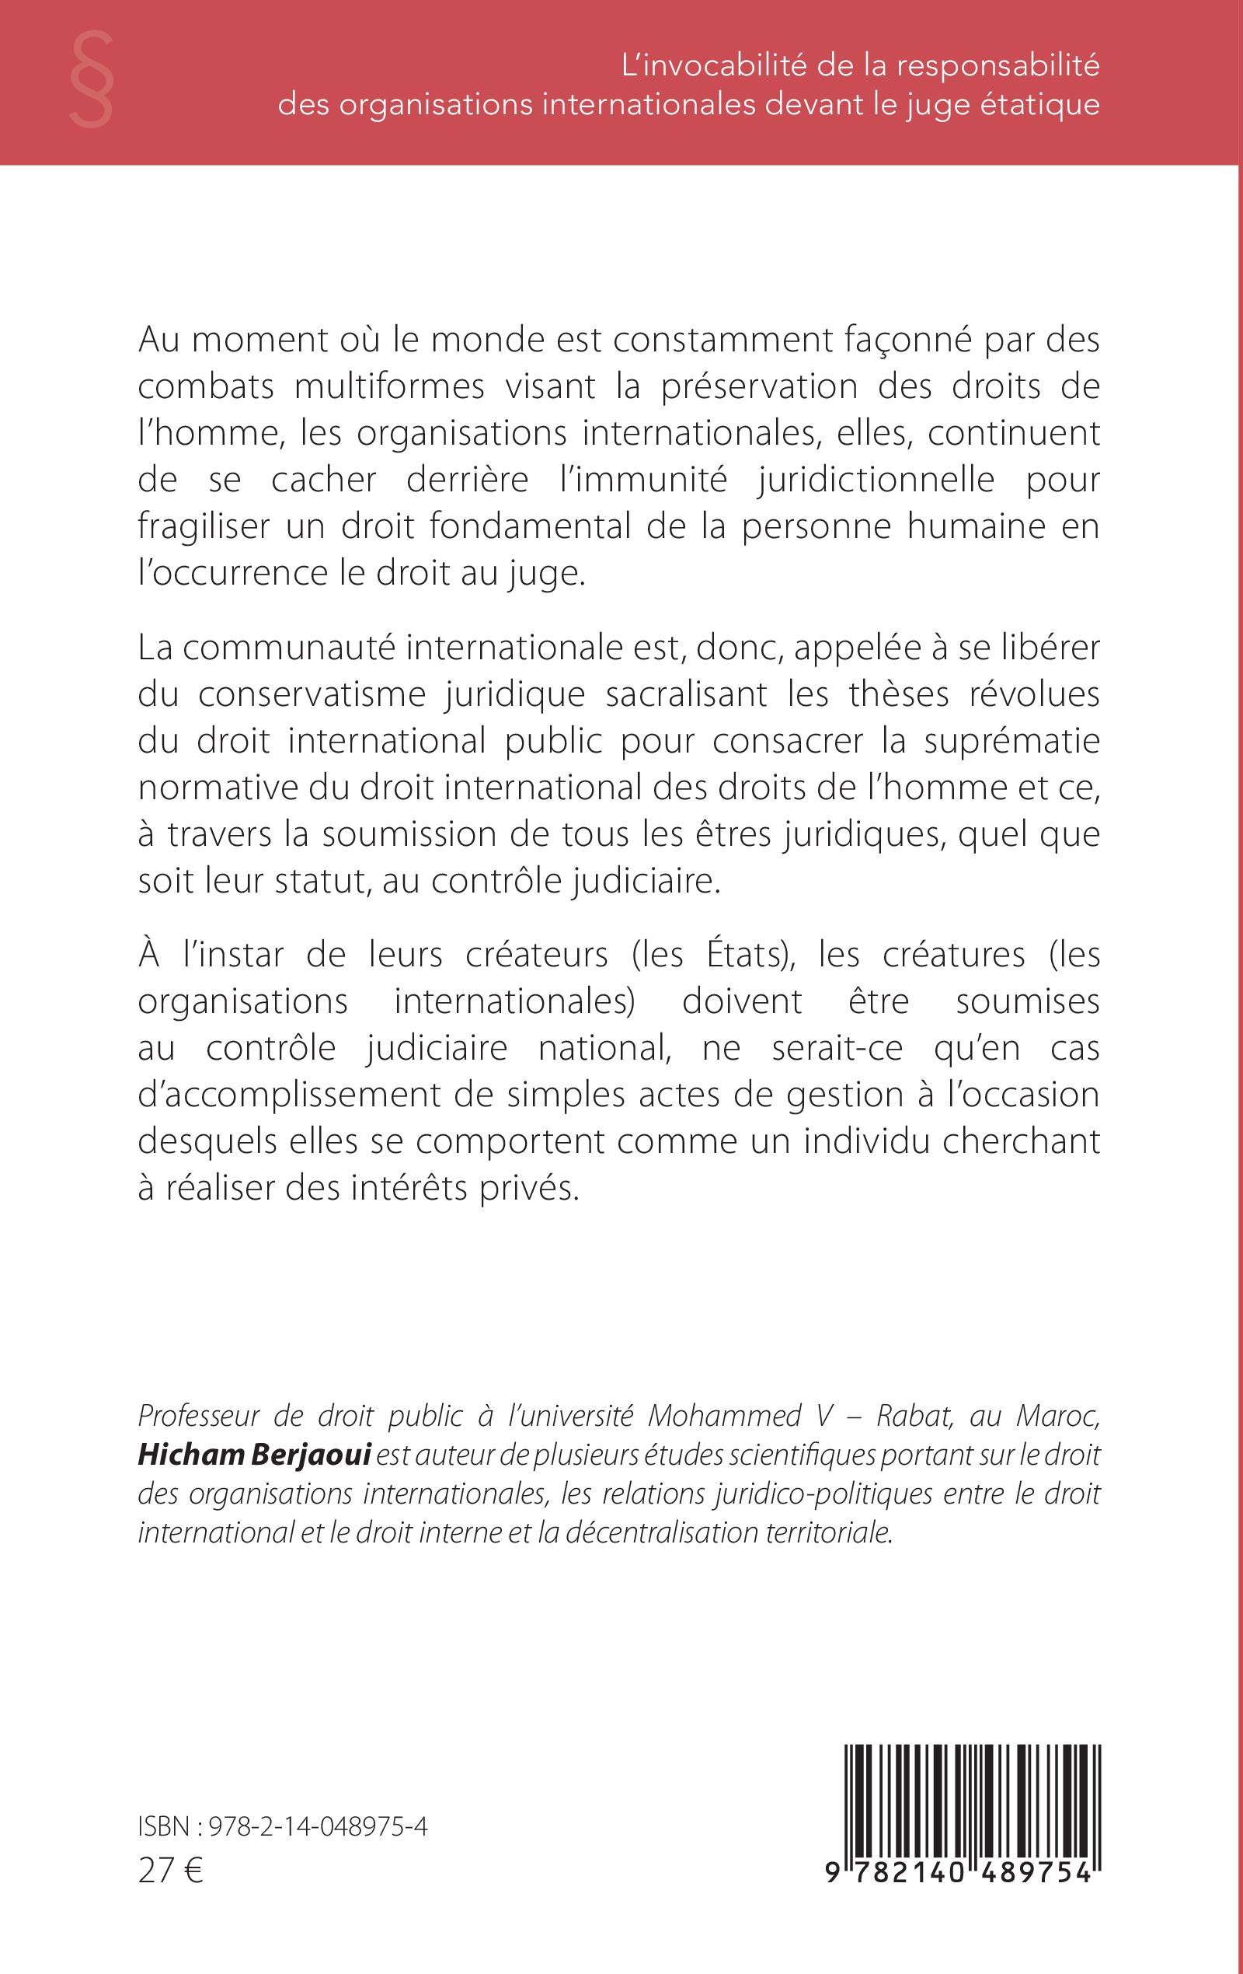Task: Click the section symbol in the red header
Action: coord(91,79)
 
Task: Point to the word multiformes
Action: coord(389,387)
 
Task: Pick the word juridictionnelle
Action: coord(875,480)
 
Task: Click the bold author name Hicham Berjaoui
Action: coord(255,1455)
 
